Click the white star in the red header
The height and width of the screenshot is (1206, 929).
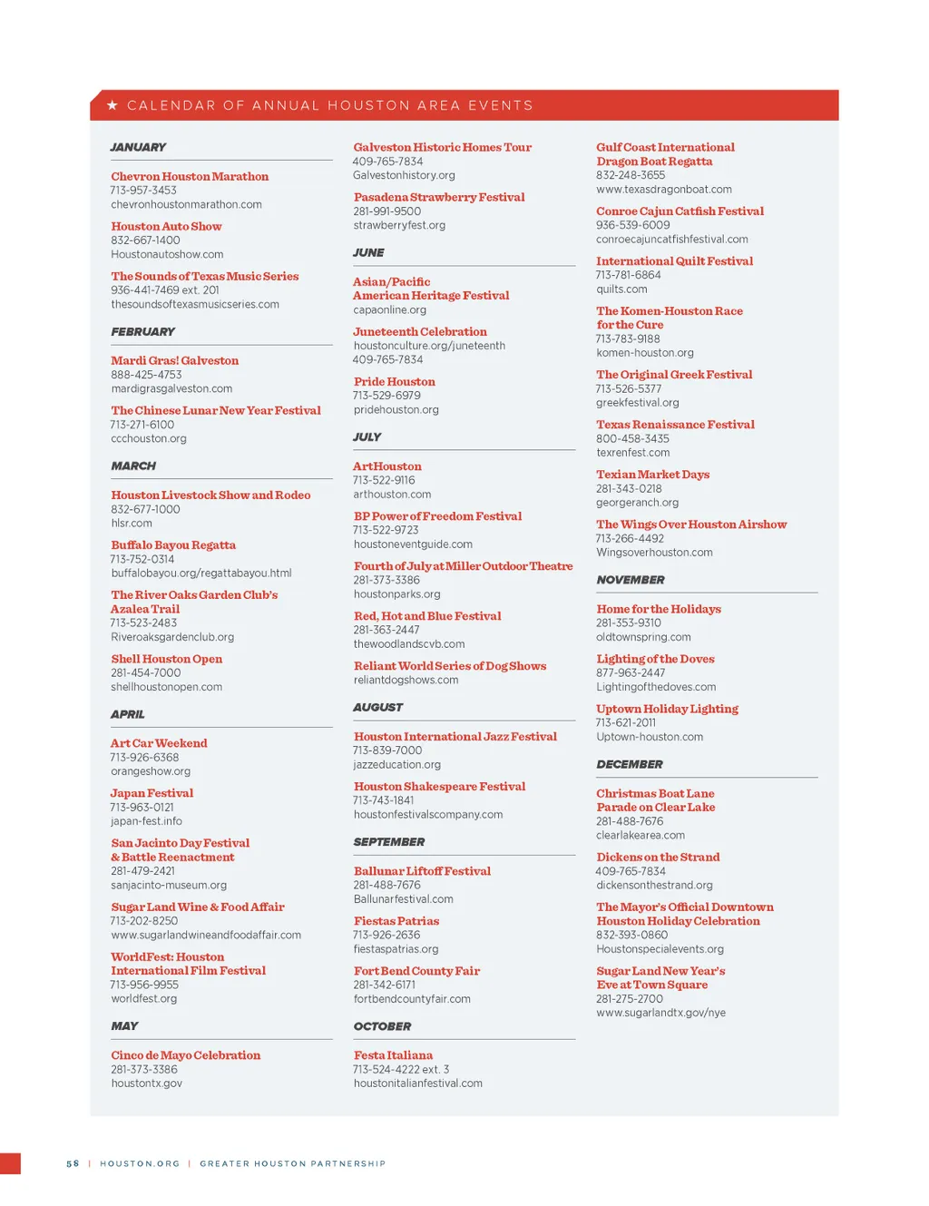[112, 105]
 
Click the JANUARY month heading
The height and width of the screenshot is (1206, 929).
[138, 147]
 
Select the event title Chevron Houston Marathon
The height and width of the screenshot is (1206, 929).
[190, 176]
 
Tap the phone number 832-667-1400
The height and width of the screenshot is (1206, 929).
[145, 240]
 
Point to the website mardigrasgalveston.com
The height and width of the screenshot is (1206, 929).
[171, 388]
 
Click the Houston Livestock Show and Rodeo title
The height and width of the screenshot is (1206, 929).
[210, 495]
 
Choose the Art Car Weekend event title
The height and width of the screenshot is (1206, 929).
[159, 743]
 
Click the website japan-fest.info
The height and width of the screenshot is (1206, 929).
[146, 821]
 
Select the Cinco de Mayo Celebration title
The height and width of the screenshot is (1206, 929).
[185, 1055]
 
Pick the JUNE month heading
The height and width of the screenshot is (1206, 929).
[368, 252]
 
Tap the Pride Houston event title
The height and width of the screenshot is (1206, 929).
[394, 381]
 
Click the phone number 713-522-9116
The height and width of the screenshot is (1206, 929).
[384, 480]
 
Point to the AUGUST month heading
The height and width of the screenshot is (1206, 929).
[377, 707]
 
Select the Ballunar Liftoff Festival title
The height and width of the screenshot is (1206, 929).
[422, 871]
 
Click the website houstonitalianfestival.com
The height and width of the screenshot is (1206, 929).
[417, 1083]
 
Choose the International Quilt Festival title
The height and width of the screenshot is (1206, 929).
[674, 260]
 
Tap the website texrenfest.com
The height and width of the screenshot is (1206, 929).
[632, 453]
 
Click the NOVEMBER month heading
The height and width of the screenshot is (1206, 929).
[631, 580]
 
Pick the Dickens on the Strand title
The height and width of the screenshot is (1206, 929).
[658, 857]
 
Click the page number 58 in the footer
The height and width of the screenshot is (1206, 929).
[73, 1163]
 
